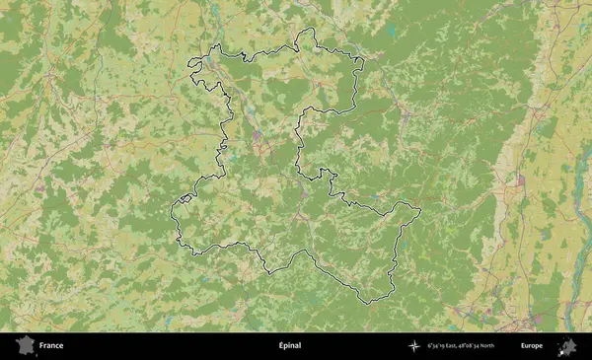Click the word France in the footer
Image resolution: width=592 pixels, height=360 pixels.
click(51, 346)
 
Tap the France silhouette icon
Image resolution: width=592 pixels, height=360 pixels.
click(24, 346)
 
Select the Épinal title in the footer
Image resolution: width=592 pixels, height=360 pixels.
click(289, 346)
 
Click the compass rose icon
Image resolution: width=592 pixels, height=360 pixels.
click(414, 346)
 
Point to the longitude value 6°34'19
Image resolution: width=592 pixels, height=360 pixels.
click(438, 346)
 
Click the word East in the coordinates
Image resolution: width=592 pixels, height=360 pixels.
click(459, 346)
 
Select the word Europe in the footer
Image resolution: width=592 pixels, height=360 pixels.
click(532, 346)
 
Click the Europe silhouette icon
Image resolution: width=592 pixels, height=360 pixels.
click(568, 346)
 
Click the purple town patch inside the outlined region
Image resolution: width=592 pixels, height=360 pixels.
click(259, 136)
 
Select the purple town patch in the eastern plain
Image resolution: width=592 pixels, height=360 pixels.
click(520, 180)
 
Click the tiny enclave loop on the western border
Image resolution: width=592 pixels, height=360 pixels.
click(183, 199)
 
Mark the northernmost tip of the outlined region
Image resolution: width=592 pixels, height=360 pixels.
click(309, 29)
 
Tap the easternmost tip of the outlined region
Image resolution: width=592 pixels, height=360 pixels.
click(421, 208)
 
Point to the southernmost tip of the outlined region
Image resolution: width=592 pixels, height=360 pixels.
click(367, 303)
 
